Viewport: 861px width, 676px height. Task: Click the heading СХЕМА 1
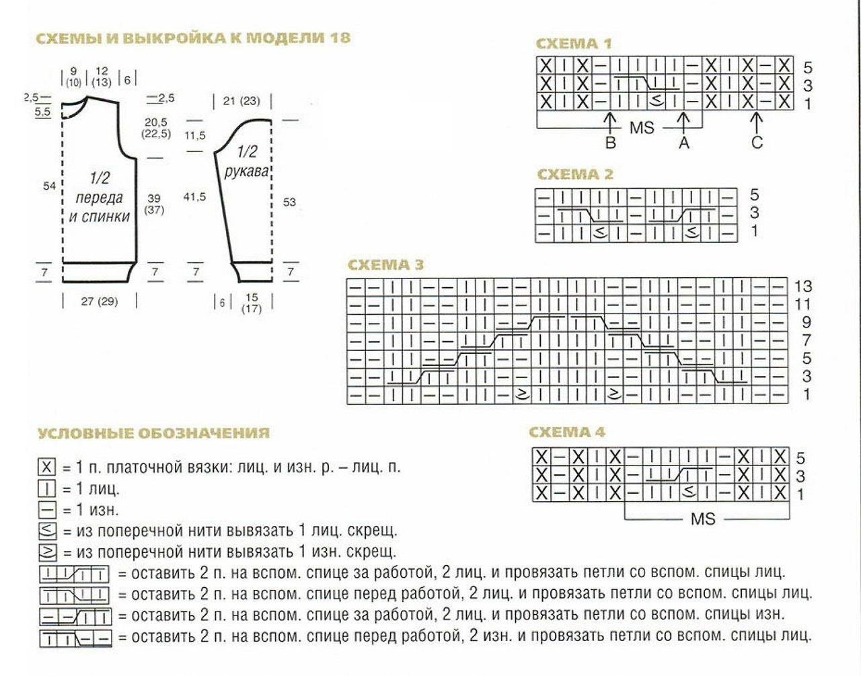(x=573, y=44)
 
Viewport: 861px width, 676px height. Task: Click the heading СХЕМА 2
(x=575, y=175)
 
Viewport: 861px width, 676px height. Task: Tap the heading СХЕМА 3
(x=385, y=265)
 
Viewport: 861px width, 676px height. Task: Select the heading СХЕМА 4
(x=568, y=432)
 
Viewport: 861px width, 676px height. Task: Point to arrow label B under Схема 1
(x=610, y=143)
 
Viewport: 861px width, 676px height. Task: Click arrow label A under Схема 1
(x=684, y=143)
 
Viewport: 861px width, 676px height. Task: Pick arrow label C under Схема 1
(x=757, y=143)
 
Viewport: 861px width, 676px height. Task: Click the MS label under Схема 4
(x=703, y=519)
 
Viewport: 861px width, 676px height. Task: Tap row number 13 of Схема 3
(x=803, y=286)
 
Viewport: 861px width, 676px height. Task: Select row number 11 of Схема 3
(x=803, y=304)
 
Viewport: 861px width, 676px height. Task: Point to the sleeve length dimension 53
(x=289, y=202)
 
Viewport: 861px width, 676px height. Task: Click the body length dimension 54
(x=49, y=186)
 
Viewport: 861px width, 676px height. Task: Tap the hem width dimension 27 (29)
(x=99, y=301)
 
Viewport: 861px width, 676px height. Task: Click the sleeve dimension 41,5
(x=194, y=196)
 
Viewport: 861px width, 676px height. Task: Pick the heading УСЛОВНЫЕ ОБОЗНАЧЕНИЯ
(x=153, y=433)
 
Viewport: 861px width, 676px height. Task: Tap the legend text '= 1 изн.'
(x=90, y=510)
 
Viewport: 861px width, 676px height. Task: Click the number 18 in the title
(x=340, y=37)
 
